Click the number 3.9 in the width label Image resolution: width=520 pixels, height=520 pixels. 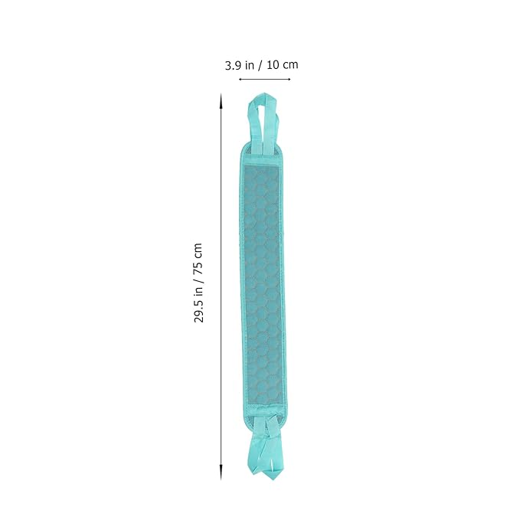click(234, 65)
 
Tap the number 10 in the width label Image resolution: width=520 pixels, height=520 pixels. click(273, 64)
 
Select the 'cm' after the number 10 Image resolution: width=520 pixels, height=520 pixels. click(290, 64)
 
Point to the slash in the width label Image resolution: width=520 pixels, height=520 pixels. click(260, 65)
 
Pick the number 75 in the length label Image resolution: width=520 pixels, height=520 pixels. click(198, 267)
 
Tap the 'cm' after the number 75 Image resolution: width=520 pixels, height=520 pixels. click(198, 250)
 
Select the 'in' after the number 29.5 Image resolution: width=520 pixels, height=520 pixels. click(198, 292)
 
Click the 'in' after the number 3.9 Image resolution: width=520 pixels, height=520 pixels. click(250, 65)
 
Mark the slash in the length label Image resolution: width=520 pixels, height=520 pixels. click(198, 280)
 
